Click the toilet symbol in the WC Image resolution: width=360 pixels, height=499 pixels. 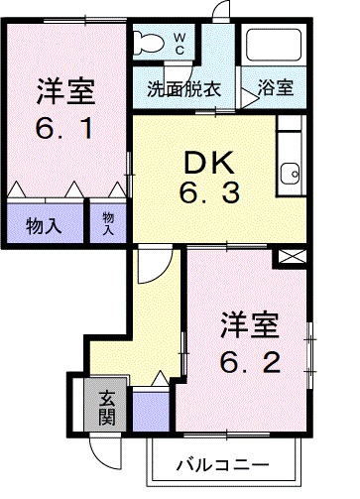[149, 42]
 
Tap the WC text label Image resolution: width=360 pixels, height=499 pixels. [180, 43]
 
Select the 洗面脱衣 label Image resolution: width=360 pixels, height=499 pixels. [183, 86]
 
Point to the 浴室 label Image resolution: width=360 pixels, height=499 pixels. [276, 86]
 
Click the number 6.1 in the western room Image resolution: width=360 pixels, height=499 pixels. [65, 131]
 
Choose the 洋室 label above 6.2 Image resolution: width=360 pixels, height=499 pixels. [248, 325]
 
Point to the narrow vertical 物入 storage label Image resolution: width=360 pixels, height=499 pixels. [107, 222]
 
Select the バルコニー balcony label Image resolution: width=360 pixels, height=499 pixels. [222, 464]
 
